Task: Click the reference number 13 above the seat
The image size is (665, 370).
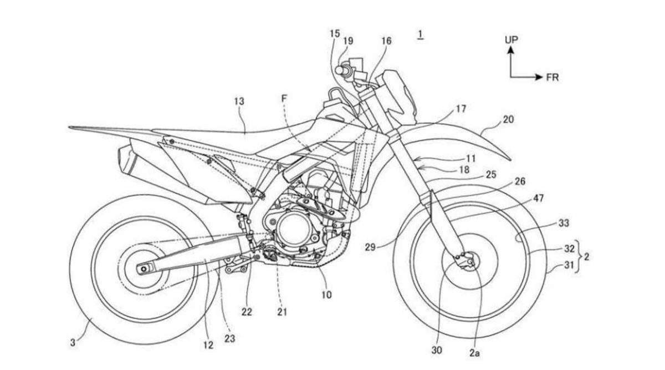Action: point(239,102)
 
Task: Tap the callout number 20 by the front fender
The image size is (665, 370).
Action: point(508,119)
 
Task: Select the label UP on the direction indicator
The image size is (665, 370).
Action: point(511,40)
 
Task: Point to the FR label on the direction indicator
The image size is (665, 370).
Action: point(552,78)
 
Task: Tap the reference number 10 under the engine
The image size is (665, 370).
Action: point(326,295)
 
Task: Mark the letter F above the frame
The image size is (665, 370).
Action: point(284,98)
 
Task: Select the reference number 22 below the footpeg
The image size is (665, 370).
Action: point(247,312)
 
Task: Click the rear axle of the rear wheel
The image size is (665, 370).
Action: point(143,269)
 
